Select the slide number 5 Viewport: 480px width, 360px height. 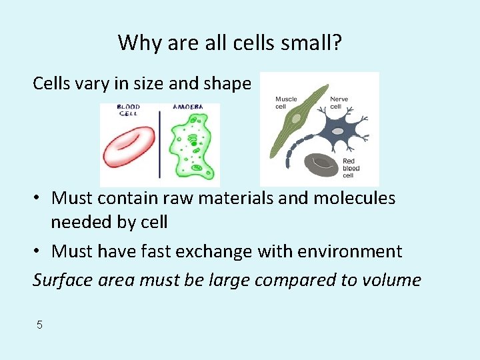tap(39, 325)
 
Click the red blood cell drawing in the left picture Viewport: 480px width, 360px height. tap(128, 147)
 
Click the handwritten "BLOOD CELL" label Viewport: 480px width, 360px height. tap(128, 109)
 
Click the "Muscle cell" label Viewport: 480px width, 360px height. tap(286, 103)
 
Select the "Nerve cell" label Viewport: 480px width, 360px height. tap(339, 103)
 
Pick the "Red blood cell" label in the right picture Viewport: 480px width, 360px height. tap(351, 168)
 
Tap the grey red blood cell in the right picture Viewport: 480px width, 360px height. tap(322, 163)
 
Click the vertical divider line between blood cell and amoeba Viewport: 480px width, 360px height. tap(159, 143)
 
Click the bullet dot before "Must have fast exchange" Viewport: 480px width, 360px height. tap(39, 252)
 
